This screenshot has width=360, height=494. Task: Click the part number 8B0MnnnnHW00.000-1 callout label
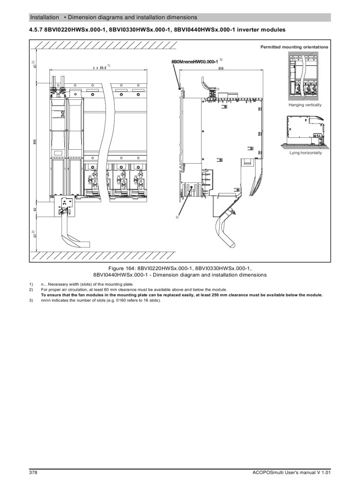pyautogui.click(x=194, y=62)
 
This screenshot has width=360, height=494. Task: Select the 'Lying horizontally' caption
pyautogui.click(x=305, y=153)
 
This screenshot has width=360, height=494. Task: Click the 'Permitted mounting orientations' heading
pyautogui.click(x=294, y=47)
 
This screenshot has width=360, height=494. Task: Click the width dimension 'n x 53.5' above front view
pyautogui.click(x=96, y=67)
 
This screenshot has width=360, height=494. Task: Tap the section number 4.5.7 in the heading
pyautogui.click(x=37, y=29)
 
